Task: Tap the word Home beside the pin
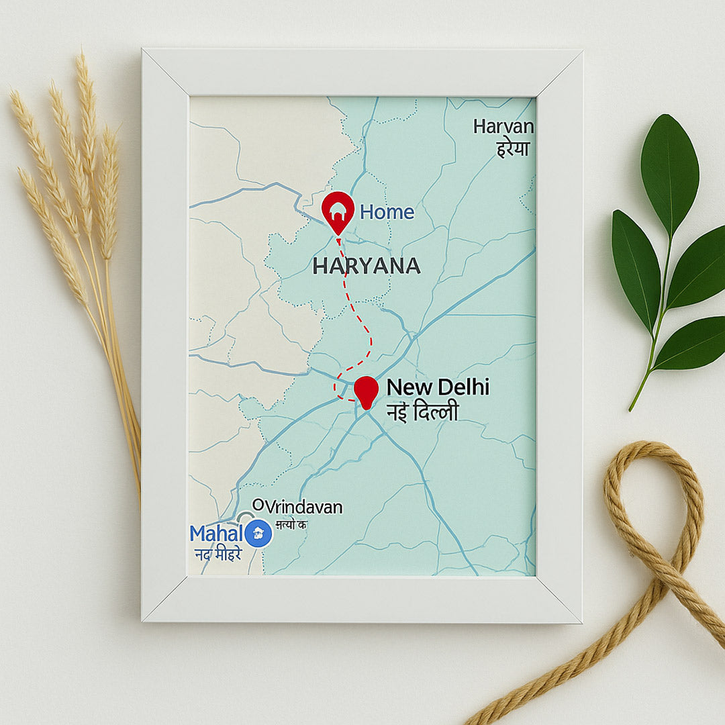click(387, 213)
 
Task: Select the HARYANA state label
click(367, 267)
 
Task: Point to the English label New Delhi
click(438, 387)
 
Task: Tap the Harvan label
click(503, 126)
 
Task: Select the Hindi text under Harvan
click(513, 148)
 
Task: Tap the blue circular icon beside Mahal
click(258, 533)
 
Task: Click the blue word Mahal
click(215, 534)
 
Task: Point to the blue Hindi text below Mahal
click(217, 554)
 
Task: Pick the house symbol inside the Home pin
click(338, 207)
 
